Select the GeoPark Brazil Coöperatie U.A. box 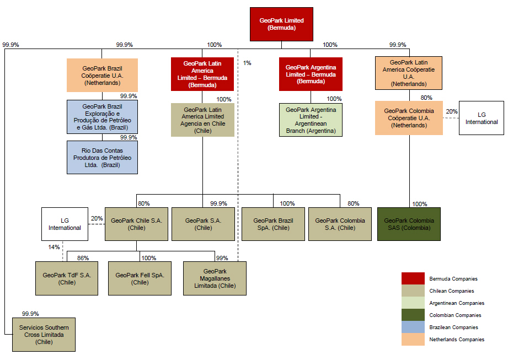coord(102,76)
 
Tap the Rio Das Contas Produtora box coord(102,157)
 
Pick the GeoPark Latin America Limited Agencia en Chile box coord(202,120)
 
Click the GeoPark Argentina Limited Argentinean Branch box coord(311,120)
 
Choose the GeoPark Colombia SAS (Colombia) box coord(409,224)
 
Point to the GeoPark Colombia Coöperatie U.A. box coord(409,118)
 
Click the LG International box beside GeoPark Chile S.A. coord(65,224)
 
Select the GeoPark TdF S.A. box coord(67,278)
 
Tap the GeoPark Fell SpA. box coord(140,278)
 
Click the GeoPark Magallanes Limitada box coord(215,278)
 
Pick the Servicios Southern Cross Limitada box coord(44,334)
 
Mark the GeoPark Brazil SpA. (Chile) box coord(273,224)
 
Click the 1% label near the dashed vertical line coord(247,63)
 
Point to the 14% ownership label coord(54,247)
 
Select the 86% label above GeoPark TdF coord(83,258)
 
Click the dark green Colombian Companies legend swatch coord(413,315)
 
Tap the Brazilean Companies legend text coord(453,327)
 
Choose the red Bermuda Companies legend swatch coord(413,279)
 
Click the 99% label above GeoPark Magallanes coord(222,258)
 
